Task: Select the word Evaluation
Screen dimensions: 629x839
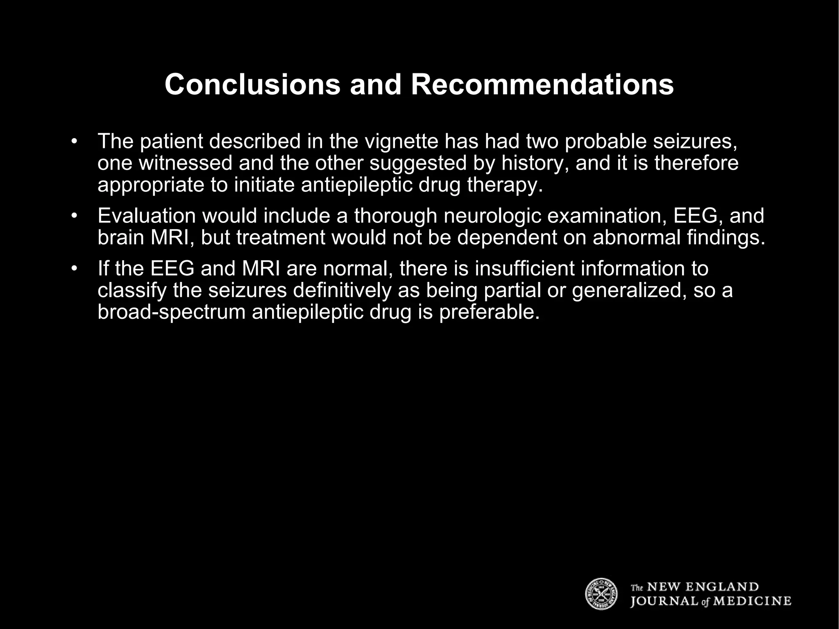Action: [x=147, y=216]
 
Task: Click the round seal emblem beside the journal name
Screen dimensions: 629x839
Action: [x=601, y=593]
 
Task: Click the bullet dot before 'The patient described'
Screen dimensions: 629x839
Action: [x=74, y=141]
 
